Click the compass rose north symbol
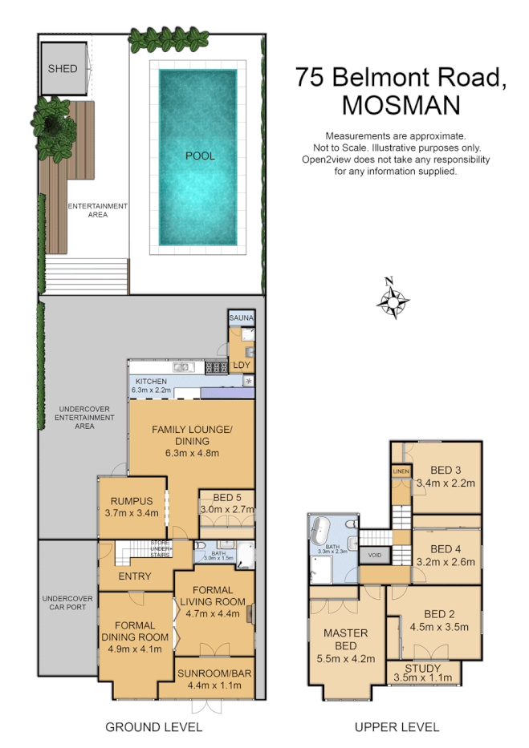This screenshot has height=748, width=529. [391, 299]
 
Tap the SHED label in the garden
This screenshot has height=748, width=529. [63, 69]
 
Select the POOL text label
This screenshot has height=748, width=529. [200, 156]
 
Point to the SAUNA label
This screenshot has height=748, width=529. [242, 318]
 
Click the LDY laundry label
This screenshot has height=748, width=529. [241, 366]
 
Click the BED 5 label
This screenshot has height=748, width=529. [227, 497]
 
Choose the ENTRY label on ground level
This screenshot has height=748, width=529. [135, 576]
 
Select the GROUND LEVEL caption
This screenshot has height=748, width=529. [154, 727]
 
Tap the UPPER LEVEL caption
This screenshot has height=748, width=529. [397, 727]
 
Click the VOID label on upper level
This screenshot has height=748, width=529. [374, 555]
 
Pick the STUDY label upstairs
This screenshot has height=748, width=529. [424, 667]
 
